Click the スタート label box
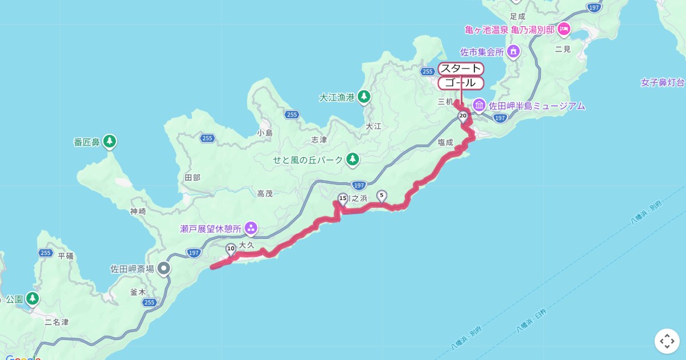[461, 69]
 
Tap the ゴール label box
[461, 83]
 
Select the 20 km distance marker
[462, 116]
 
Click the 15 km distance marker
[343, 199]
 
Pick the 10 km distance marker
[231, 249]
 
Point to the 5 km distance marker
[381, 195]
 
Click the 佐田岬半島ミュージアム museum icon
[479, 105]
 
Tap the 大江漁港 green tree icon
[364, 97]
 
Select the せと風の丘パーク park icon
[353, 159]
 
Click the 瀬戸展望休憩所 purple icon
[250, 229]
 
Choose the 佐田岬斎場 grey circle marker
[164, 268]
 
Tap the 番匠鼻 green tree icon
[110, 141]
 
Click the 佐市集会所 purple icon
[513, 52]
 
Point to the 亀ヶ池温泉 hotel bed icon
[564, 28]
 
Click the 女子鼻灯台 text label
[663, 83]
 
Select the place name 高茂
[265, 194]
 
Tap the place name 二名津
[57, 322]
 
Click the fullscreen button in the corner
[667, 341]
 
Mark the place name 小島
[265, 133]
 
